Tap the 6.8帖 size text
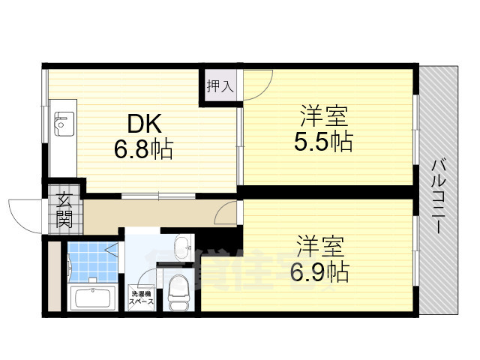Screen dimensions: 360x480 (143, 149)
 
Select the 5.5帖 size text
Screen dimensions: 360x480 (323, 141)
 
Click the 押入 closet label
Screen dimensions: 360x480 (220, 86)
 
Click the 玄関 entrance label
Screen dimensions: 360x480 (64, 210)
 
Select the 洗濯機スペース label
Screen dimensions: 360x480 (142, 297)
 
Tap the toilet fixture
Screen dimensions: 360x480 (178, 292)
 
